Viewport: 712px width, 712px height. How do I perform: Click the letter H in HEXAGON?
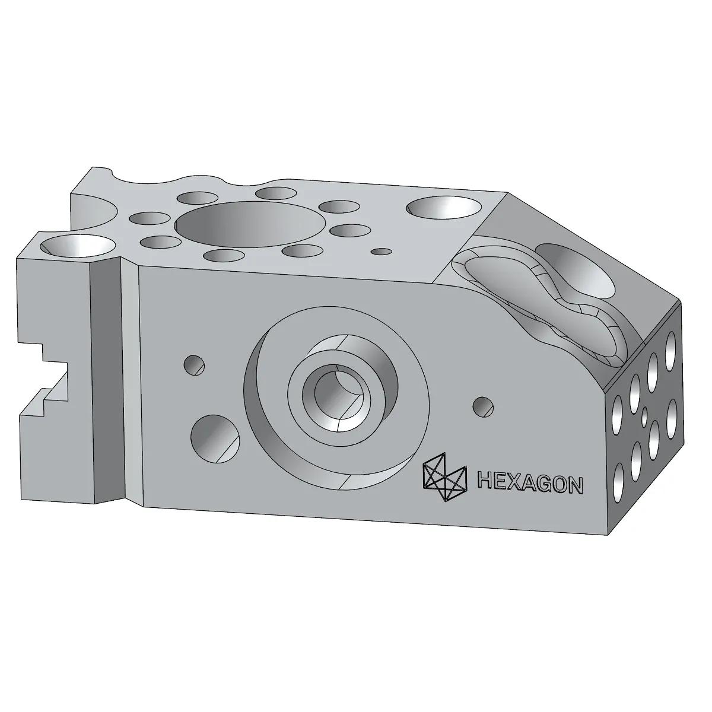pyautogui.click(x=486, y=482)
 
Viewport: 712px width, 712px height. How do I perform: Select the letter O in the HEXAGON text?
pyautogui.click(x=561, y=485)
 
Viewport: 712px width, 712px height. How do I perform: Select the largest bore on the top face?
pyautogui.click(x=252, y=224)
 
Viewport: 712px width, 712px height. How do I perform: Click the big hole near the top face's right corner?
pyautogui.click(x=445, y=208)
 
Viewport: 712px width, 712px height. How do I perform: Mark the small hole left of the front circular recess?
pyautogui.click(x=194, y=365)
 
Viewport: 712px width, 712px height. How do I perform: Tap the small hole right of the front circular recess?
pyautogui.click(x=484, y=406)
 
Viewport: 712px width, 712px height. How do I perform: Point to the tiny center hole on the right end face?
pyautogui.click(x=644, y=414)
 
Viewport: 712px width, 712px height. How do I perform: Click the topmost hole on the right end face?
pyautogui.click(x=671, y=345)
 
